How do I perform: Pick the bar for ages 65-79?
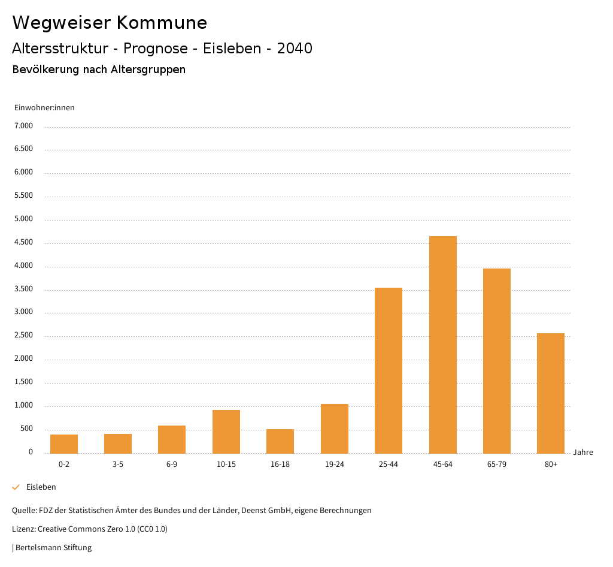pyautogui.click(x=497, y=361)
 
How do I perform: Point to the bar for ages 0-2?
pyautogui.click(x=64, y=444)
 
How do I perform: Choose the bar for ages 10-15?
pyautogui.click(x=226, y=432)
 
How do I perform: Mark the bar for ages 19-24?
pyautogui.click(x=335, y=429)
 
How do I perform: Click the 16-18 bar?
pyautogui.click(x=280, y=441)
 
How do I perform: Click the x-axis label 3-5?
pyautogui.click(x=118, y=465)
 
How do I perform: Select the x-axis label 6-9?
pyautogui.click(x=172, y=465)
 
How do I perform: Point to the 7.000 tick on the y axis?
pyautogui.click(x=23, y=126)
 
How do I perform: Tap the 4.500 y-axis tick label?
pyautogui.click(x=23, y=242)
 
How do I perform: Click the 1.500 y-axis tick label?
pyautogui.click(x=23, y=382)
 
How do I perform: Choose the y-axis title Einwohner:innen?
pyautogui.click(x=44, y=108)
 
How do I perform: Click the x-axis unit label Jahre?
pyautogui.click(x=582, y=453)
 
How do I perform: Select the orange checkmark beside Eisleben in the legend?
pyautogui.click(x=16, y=487)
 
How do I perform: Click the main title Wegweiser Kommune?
pyautogui.click(x=110, y=23)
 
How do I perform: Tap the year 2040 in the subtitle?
pyautogui.click(x=295, y=49)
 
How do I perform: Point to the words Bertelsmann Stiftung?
pyautogui.click(x=53, y=547)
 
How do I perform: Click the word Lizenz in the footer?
pyautogui.click(x=23, y=529)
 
